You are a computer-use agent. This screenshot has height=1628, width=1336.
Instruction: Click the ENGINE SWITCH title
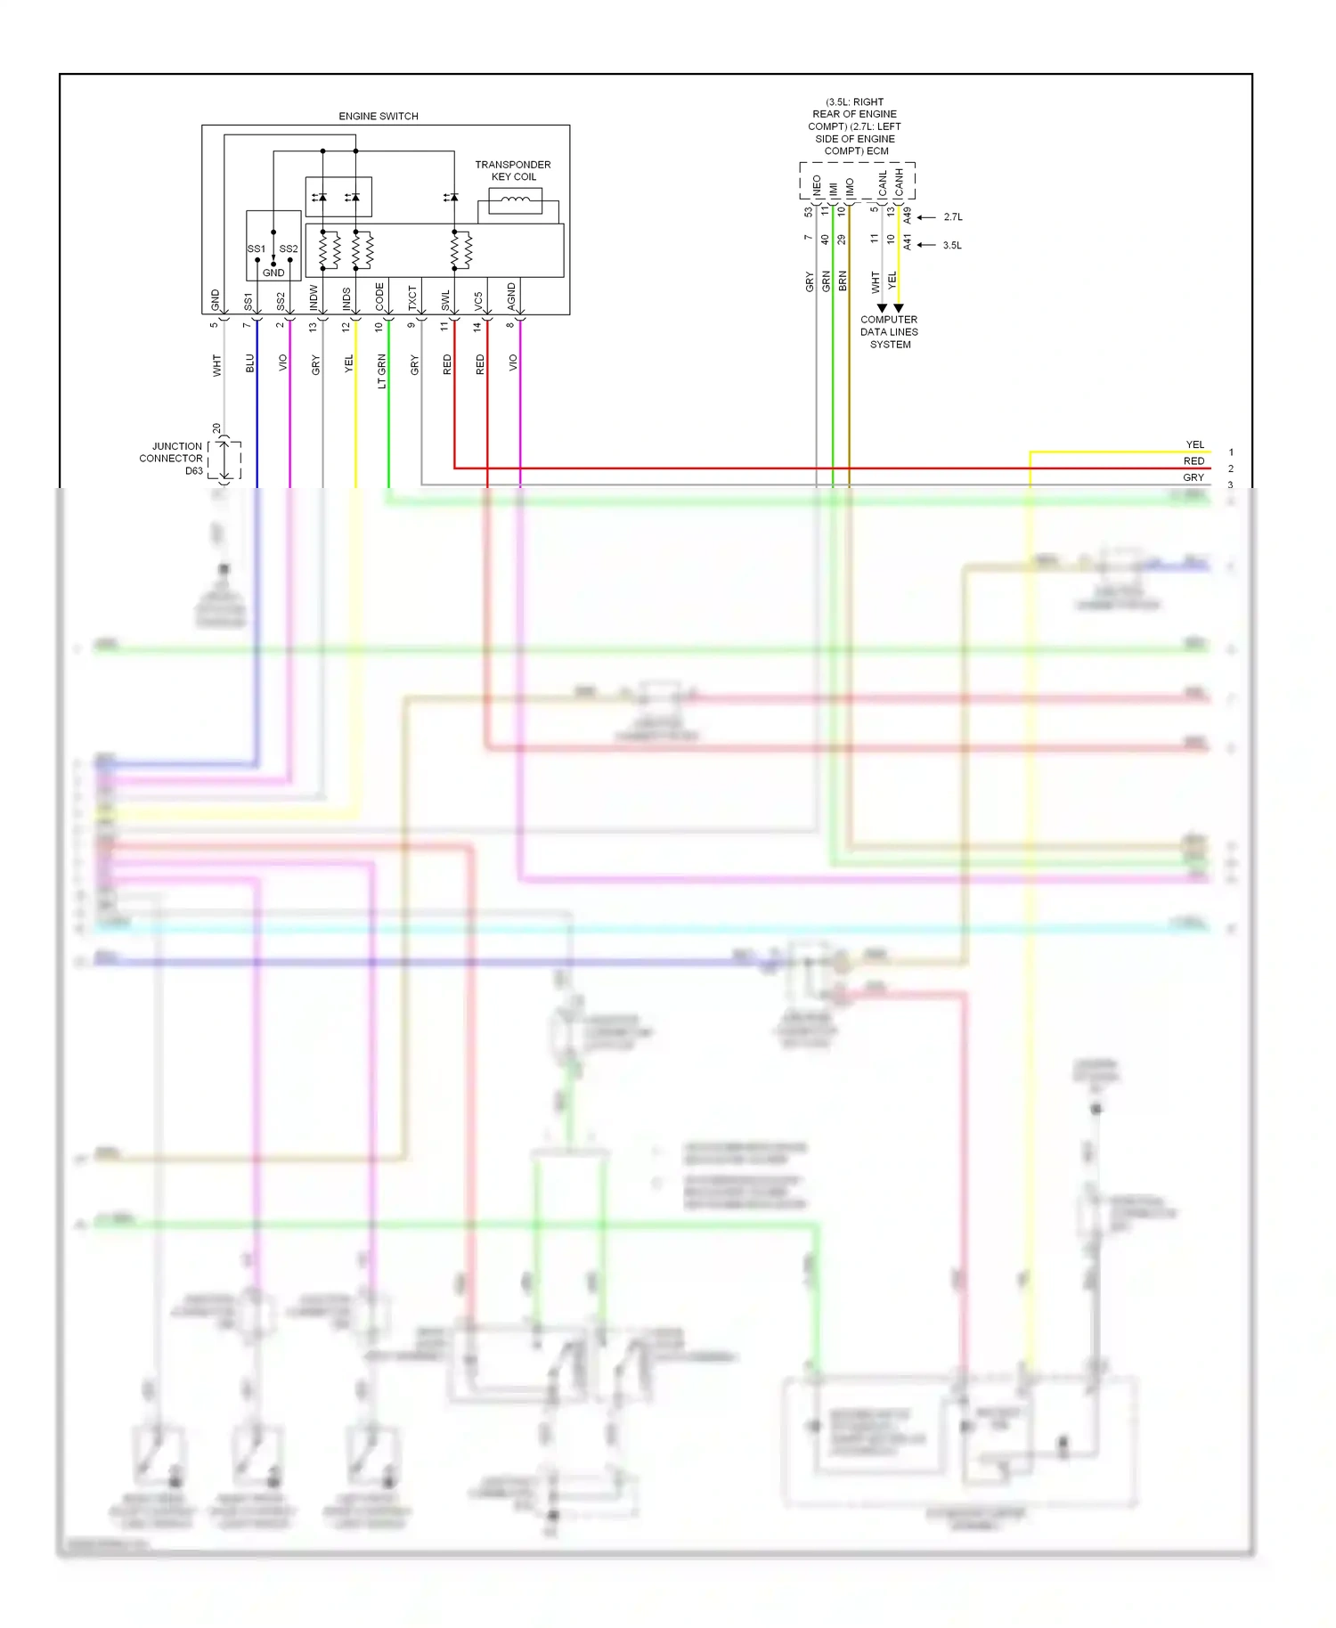(378, 117)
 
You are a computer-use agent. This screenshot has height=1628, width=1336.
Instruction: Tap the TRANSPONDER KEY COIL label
(513, 170)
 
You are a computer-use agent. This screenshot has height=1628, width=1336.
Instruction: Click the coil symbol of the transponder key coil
(515, 200)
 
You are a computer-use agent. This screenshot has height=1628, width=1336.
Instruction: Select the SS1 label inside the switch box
(257, 248)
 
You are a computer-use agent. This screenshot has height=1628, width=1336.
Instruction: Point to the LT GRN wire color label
(381, 371)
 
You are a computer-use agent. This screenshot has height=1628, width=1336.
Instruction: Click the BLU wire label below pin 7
(250, 363)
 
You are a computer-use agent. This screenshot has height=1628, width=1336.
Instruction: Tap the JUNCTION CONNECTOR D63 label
(171, 459)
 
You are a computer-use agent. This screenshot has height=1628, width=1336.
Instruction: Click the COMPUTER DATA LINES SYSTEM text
(889, 332)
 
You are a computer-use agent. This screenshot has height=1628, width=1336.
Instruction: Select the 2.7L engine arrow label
(953, 217)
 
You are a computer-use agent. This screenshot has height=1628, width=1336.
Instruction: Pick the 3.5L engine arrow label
(952, 246)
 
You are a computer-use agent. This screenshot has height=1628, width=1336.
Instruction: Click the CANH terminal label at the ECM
(900, 183)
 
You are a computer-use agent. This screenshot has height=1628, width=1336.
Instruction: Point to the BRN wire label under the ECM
(843, 281)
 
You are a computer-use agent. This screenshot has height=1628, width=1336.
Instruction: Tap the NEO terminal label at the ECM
(817, 185)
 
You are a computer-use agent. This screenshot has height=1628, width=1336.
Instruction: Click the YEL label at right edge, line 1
(1194, 444)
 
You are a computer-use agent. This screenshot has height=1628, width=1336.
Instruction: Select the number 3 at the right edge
(1231, 485)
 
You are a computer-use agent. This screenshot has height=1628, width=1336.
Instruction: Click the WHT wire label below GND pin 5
(216, 365)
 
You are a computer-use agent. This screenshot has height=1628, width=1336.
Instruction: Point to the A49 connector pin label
(907, 216)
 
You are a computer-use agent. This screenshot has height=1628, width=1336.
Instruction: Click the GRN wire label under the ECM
(826, 281)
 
